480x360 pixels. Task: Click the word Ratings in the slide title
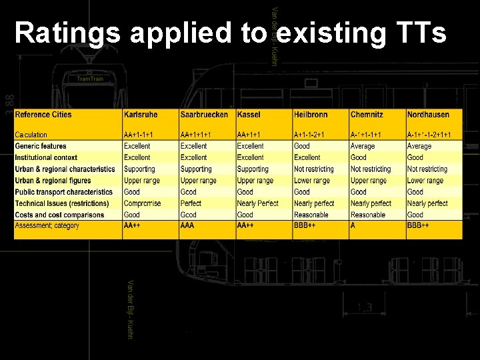pyautogui.click(x=67, y=32)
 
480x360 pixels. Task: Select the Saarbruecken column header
pyautogui.click(x=204, y=115)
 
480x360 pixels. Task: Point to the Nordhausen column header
pyautogui.click(x=428, y=115)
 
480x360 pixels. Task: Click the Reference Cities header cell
pyautogui.click(x=43, y=115)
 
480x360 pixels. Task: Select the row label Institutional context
pyautogui.click(x=46, y=157)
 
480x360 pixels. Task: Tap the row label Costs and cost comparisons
pyautogui.click(x=59, y=215)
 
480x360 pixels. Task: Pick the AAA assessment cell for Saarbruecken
pyautogui.click(x=187, y=225)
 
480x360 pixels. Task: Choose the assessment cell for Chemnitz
pyautogui.click(x=355, y=225)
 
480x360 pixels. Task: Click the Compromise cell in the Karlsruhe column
pyautogui.click(x=142, y=203)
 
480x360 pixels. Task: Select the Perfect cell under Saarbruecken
pyautogui.click(x=191, y=203)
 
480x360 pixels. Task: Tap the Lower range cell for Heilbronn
pyautogui.click(x=312, y=180)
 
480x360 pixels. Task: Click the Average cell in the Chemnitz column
pyautogui.click(x=363, y=146)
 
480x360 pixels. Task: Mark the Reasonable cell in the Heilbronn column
pyautogui.click(x=311, y=215)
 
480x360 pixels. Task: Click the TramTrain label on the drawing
pyautogui.click(x=90, y=79)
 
